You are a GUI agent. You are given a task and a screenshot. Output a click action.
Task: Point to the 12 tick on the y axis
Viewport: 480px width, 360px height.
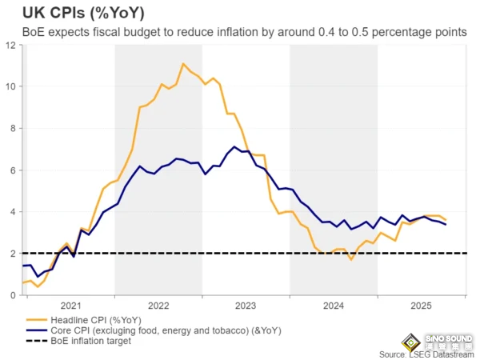tap(9, 45)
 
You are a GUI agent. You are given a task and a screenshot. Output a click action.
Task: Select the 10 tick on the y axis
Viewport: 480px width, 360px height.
tap(9, 86)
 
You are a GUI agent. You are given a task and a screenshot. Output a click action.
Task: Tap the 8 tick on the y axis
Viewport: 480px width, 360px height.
tap(11, 128)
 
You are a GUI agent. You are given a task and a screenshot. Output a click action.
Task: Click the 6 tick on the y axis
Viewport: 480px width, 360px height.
tap(11, 170)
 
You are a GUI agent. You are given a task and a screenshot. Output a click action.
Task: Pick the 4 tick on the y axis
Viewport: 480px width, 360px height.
tap(11, 211)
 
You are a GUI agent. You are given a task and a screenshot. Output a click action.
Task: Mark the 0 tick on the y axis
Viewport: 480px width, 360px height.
tap(11, 295)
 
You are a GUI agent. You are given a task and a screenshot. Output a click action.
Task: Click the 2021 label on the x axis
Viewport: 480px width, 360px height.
tap(70, 306)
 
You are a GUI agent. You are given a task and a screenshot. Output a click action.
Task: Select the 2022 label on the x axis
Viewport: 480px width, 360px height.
tap(158, 306)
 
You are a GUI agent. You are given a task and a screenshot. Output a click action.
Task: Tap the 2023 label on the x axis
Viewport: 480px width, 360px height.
tap(246, 306)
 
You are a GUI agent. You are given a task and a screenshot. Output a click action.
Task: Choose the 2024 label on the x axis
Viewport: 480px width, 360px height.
tap(334, 306)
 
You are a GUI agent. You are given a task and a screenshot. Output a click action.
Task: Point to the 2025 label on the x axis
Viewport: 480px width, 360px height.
tap(421, 306)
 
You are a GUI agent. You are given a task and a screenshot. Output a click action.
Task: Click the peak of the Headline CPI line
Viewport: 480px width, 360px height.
tap(183, 64)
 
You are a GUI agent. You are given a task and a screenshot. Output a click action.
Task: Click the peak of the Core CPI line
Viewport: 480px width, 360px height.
tap(234, 147)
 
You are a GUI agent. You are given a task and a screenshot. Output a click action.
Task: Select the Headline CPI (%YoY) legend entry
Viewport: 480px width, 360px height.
tap(96, 318)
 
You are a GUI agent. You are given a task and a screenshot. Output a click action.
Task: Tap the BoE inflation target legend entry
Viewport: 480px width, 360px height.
tap(89, 341)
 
